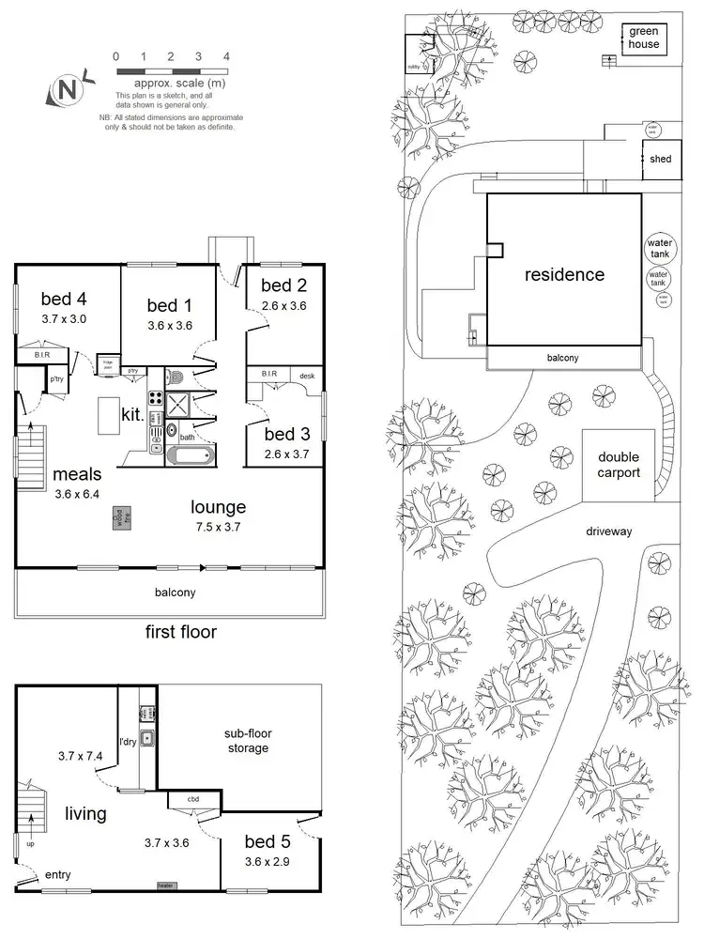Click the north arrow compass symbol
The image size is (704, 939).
(67, 91)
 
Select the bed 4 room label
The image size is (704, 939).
(64, 300)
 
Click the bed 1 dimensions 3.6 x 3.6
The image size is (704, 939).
(170, 326)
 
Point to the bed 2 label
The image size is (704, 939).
(283, 285)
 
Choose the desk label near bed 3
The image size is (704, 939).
(306, 376)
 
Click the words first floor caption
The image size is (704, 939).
(180, 632)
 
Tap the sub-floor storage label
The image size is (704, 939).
(247, 740)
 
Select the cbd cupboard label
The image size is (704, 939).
(192, 800)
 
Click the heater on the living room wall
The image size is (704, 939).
(165, 885)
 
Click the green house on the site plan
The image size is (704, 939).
(644, 38)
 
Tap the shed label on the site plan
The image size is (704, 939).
(661, 160)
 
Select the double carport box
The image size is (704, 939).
(619, 465)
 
